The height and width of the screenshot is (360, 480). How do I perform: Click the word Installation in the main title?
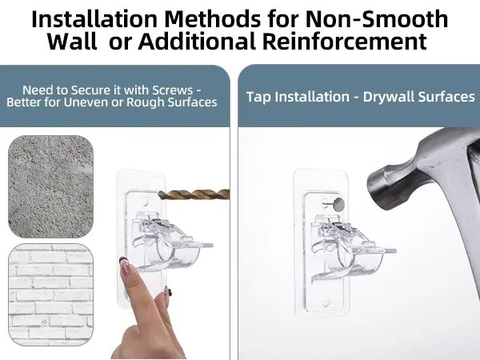(x=94, y=19)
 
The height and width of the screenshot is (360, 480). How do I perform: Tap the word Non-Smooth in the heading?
(x=377, y=19)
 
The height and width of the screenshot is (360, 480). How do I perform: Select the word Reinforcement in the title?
(x=344, y=41)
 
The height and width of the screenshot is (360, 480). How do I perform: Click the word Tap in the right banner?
(x=258, y=97)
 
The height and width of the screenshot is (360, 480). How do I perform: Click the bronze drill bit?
(x=194, y=194)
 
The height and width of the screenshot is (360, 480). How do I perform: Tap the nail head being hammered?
(x=338, y=204)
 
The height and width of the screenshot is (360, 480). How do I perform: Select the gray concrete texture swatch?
(x=50, y=186)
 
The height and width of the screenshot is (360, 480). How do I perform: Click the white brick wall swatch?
(x=50, y=294)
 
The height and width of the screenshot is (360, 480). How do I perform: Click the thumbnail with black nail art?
(x=168, y=291)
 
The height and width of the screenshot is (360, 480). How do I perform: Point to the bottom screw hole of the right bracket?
(x=326, y=302)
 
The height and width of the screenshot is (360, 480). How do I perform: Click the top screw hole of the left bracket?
(x=145, y=202)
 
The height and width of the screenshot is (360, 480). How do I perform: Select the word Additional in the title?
(x=197, y=41)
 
